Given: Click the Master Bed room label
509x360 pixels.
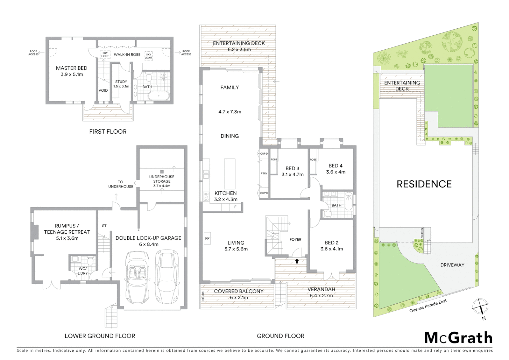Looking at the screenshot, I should (x=72, y=68).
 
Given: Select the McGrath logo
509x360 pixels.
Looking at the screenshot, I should (x=458, y=338).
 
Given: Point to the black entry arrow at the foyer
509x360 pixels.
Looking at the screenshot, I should (x=296, y=261).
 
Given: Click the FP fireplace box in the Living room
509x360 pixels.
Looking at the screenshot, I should (x=207, y=238).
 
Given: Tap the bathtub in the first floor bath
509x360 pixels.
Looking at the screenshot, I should (x=158, y=97).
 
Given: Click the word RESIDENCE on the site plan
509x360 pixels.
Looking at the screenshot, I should (x=424, y=184).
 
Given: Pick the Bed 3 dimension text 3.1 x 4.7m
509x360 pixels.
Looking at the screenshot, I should (x=292, y=174).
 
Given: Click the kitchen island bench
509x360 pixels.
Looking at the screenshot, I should (x=229, y=174).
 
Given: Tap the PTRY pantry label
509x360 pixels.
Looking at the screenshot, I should (x=264, y=173).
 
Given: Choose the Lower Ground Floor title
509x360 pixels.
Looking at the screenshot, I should (x=100, y=336).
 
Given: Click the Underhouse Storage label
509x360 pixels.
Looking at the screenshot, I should (x=162, y=179).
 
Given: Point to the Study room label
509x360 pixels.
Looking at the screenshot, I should (x=121, y=82).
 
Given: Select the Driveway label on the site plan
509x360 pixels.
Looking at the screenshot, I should (x=452, y=265).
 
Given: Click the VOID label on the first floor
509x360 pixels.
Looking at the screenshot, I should (x=103, y=90).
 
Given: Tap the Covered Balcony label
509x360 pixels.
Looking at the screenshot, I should (x=239, y=291).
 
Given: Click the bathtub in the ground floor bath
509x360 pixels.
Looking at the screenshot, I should (x=348, y=201).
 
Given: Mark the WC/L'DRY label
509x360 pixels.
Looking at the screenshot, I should (x=83, y=271).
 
